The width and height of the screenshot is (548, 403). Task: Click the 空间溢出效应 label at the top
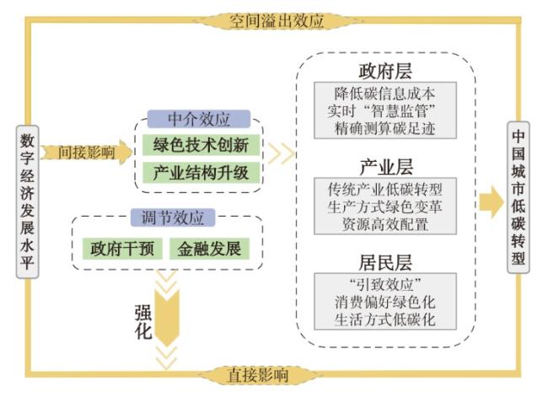click(x=276, y=20)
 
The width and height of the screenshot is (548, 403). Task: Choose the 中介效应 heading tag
click(x=200, y=120)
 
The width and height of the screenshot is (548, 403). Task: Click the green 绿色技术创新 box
click(x=200, y=145)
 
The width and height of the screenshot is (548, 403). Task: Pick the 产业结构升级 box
click(x=200, y=173)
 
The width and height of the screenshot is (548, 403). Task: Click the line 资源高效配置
click(x=384, y=223)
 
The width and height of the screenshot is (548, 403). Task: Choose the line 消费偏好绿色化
click(x=384, y=301)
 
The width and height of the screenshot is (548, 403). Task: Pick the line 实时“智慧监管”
click(x=384, y=110)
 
